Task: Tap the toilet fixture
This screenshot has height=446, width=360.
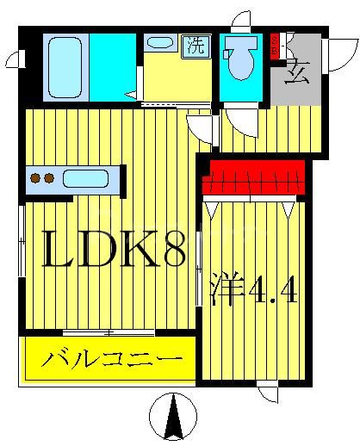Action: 240,59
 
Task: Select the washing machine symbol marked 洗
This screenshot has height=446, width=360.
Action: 196,45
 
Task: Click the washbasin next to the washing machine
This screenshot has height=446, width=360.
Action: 158,42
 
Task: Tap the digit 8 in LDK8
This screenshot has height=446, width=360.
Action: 170,251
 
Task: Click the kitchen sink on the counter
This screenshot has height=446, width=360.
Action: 84,179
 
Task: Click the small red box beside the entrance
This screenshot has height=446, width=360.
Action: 275,45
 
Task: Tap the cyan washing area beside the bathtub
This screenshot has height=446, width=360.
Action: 108,65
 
